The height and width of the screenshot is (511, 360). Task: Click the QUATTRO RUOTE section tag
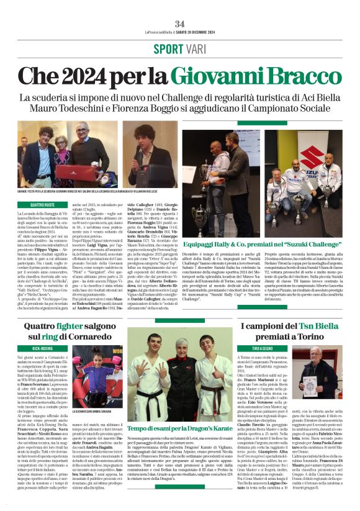click(35, 204)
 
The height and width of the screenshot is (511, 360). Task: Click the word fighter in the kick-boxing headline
click(80, 327)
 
